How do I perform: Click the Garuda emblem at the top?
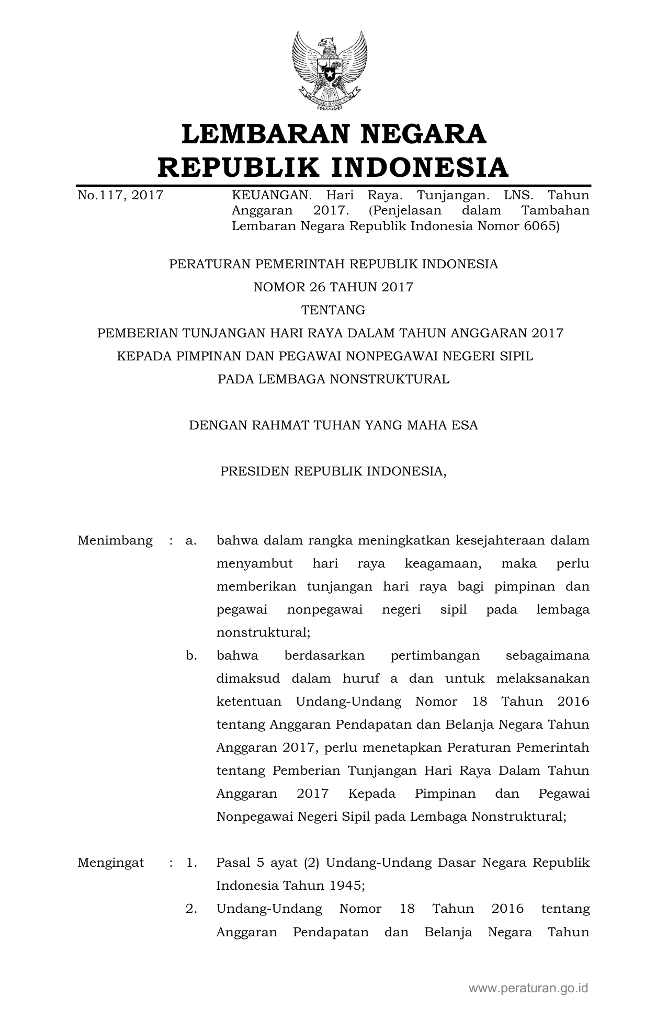[x=330, y=70]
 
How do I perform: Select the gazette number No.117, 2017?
[x=120, y=196]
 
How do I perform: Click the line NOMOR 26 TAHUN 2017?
[x=333, y=287]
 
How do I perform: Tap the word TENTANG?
[x=333, y=310]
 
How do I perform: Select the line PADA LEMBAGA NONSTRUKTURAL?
[x=333, y=379]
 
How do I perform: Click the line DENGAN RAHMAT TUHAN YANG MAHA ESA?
[x=333, y=425]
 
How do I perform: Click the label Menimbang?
[x=115, y=540]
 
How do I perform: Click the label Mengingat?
[x=111, y=863]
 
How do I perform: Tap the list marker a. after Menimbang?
[x=191, y=540]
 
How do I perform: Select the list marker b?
[x=191, y=655]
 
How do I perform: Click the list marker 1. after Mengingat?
[x=191, y=863]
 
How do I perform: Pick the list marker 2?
[x=191, y=909]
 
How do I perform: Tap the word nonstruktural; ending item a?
[x=263, y=632]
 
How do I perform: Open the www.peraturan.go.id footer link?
[x=528, y=988]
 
